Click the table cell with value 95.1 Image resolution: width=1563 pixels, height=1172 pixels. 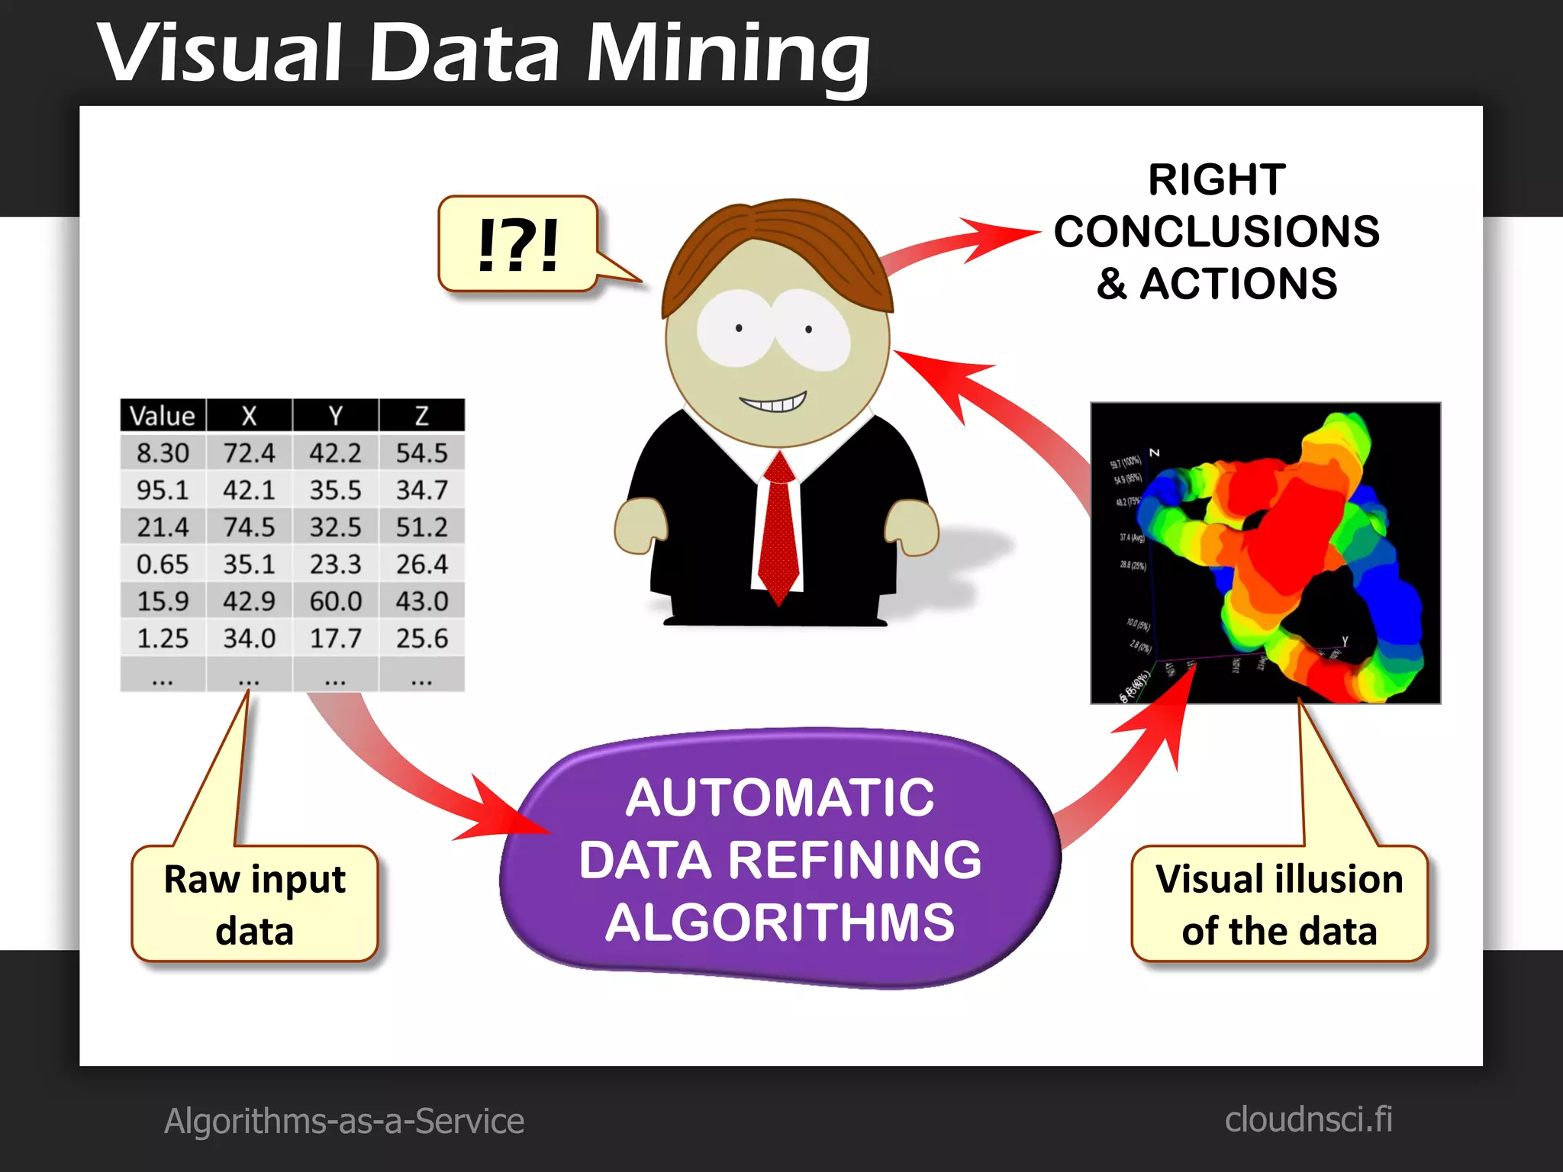163,490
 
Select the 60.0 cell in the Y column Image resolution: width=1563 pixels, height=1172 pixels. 336,601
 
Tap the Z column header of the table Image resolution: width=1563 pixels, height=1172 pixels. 421,416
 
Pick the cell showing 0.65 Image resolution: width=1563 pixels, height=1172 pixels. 163,565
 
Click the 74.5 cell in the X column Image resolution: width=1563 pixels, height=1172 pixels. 249,527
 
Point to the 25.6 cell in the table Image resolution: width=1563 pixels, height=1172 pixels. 421,638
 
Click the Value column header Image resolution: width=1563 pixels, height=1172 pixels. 163,416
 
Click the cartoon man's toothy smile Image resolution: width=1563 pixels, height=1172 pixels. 773,402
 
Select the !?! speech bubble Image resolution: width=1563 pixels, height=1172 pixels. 518,244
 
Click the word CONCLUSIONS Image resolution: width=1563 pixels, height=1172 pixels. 1217,231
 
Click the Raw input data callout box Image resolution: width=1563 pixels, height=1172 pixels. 255,904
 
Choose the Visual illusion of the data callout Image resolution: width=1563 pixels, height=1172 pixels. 1279,904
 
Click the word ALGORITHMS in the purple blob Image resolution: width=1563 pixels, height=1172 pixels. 779,922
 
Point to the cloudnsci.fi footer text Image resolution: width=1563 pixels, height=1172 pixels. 1308,1119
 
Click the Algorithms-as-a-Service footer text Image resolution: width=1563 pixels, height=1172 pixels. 344,1121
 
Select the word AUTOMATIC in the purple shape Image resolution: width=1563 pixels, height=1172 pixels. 779,798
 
